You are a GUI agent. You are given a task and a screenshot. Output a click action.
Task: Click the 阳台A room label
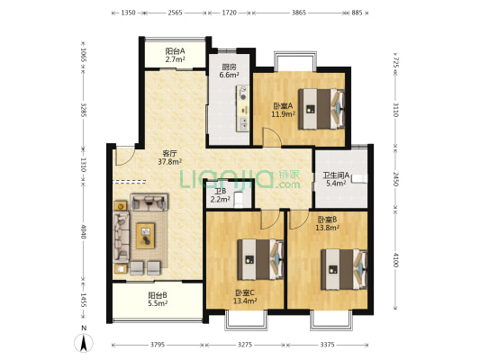click(175, 55)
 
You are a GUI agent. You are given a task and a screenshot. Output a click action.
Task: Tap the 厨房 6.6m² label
click(230, 71)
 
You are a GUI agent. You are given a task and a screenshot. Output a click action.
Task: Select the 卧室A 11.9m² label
click(283, 110)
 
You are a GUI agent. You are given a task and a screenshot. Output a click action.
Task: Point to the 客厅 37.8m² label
click(170, 157)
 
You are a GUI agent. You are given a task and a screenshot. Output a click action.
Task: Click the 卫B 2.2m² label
click(220, 195)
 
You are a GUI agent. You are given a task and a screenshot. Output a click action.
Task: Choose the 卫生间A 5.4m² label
click(336, 179)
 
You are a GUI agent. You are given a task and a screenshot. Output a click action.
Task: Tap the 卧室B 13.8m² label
click(327, 223)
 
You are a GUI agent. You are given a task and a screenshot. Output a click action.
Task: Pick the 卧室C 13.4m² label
click(245, 297)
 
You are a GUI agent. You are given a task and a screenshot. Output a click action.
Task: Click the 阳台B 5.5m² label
click(158, 300)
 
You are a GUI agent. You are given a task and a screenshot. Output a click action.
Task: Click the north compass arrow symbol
click(83, 343)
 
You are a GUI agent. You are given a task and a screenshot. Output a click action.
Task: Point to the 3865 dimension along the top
click(298, 13)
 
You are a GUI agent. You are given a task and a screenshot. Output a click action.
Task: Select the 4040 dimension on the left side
click(84, 231)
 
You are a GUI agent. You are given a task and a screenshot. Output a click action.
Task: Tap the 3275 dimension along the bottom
click(245, 345)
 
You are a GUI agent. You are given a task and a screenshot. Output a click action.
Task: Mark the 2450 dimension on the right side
click(396, 179)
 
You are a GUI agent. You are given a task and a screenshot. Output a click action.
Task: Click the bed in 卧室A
click(322, 109)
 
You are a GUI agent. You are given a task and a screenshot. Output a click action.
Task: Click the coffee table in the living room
click(145, 236)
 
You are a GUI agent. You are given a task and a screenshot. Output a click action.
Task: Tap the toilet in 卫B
click(238, 200)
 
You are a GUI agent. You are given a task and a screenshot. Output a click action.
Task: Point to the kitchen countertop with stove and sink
click(242, 109)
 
